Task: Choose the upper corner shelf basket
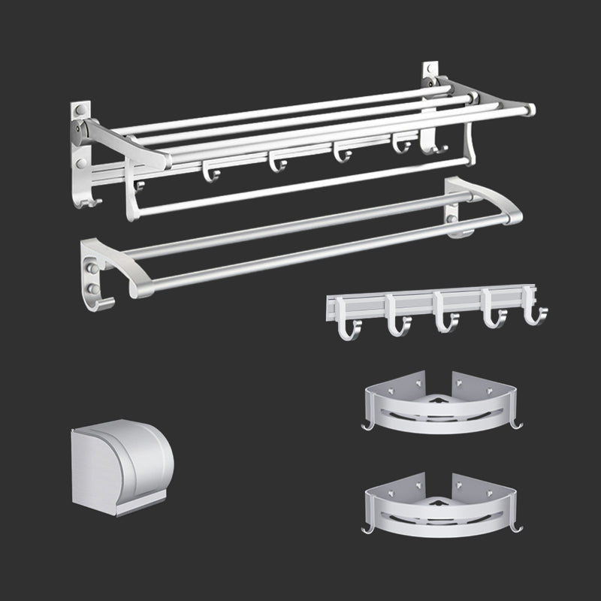tap(443, 409)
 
